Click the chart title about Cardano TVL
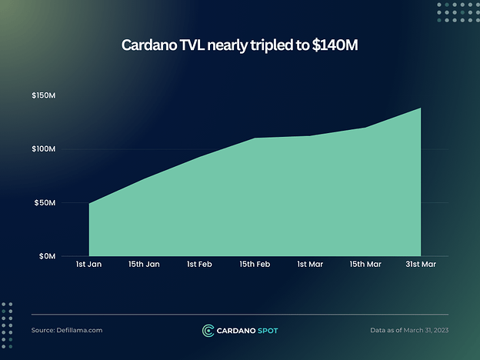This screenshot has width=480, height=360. coord(239,45)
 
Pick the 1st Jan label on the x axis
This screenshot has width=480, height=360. coord(89,265)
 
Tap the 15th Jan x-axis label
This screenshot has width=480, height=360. coord(144,265)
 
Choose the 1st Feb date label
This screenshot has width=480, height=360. coord(199,265)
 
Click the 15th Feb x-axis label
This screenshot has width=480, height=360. coord(255,265)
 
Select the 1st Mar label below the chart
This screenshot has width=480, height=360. coord(310,265)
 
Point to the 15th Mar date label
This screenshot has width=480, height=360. coord(365,265)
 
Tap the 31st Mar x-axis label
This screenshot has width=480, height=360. coord(421,265)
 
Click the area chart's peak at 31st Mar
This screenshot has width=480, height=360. coord(420,108)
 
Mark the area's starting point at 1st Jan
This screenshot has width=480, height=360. coord(90,204)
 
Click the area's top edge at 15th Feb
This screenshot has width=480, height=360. coord(255,138)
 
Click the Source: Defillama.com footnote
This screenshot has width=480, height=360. coord(67,330)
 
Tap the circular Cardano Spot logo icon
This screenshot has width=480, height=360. coord(208,331)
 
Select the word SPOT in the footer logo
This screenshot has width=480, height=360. coord(266,331)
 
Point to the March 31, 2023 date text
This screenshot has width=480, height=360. coord(424,330)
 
